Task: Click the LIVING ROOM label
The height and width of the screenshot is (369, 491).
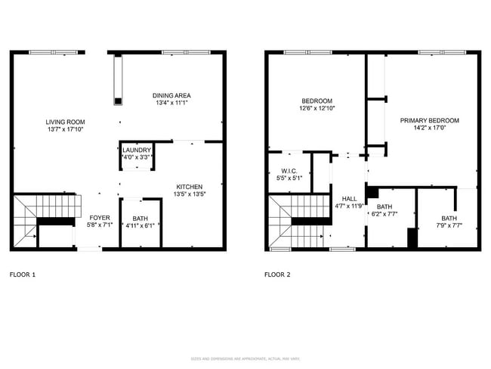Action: click(65, 122)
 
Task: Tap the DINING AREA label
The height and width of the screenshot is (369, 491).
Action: click(171, 95)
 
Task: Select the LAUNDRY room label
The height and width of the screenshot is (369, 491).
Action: click(137, 150)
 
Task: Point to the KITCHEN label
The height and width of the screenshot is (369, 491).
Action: click(189, 187)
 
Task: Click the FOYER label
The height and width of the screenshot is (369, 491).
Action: click(100, 217)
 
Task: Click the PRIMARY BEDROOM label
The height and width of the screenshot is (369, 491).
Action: click(429, 120)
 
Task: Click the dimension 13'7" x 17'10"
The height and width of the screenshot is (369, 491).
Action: click(65, 129)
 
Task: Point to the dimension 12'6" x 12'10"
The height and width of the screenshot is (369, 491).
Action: click(318, 108)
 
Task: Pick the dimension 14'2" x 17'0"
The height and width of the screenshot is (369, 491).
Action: click(429, 128)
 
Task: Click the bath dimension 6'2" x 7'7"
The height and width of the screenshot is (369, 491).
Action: click(384, 214)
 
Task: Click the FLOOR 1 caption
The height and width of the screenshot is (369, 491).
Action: click(22, 274)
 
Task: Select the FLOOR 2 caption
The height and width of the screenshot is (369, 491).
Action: click(277, 274)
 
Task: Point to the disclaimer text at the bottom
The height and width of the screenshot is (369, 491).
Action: click(245, 358)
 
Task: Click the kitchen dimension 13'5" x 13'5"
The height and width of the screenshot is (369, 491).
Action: click(189, 194)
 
